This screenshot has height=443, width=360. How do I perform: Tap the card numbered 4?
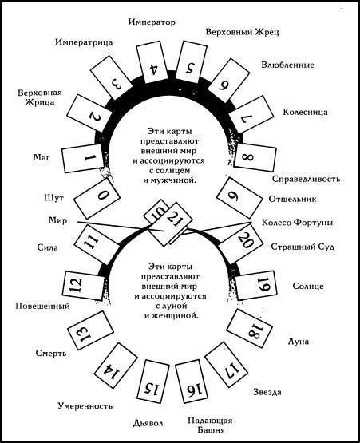(x=152, y=61)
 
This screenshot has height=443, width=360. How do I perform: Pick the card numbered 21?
(x=176, y=224)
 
